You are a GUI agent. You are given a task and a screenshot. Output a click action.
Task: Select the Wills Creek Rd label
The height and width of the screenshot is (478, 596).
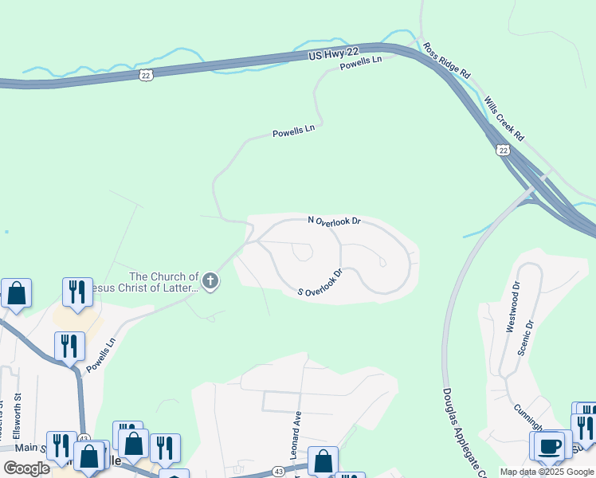[505, 119]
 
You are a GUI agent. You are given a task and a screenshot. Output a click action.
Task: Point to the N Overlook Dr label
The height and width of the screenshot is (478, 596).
[335, 221]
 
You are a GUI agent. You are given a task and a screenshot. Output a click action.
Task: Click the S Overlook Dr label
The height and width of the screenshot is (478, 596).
[320, 283]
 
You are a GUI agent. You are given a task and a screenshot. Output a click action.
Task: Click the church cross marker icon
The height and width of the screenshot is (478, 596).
[210, 280]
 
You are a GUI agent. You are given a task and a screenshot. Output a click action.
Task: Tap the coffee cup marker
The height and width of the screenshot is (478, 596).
[549, 445]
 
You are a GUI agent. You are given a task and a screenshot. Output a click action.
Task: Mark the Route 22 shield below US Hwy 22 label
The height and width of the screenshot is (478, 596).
[144, 74]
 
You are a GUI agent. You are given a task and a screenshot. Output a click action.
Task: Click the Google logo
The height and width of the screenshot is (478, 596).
[27, 468]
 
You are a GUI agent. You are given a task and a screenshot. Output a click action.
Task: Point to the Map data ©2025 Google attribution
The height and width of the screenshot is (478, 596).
[547, 472]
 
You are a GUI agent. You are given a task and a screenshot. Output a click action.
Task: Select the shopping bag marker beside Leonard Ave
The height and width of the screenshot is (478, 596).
[323, 461]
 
